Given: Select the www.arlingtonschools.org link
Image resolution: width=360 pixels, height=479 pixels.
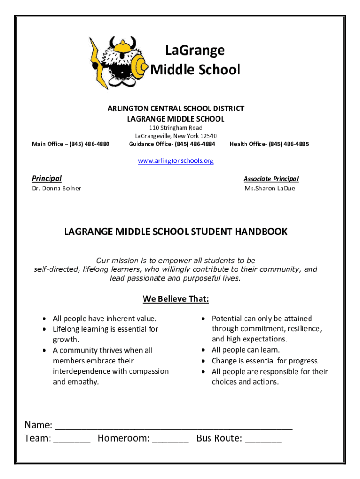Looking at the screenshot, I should (176, 161).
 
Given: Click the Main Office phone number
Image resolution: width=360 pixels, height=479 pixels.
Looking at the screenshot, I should (89, 144).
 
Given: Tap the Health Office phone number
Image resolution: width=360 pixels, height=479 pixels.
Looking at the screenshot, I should (289, 144).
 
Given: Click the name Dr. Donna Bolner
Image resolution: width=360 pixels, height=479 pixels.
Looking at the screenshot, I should (56, 189).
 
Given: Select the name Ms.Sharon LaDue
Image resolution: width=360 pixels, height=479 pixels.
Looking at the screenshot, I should (270, 189).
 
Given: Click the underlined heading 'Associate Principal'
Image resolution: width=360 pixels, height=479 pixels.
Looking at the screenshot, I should (271, 179).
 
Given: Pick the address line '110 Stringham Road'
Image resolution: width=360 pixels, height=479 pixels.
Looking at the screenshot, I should (176, 128).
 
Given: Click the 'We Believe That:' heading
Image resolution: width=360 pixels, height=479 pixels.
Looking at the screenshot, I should (176, 299).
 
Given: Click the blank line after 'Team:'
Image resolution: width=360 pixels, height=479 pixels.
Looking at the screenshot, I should (72, 440).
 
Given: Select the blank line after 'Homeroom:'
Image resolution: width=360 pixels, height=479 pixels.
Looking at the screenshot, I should (171, 440).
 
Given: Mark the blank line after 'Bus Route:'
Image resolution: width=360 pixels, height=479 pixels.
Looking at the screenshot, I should (263, 440).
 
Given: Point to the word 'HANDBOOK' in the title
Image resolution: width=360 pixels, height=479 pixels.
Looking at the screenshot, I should (261, 232).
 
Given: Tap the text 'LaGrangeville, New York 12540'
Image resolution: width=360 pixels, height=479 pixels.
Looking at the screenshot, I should (176, 136).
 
